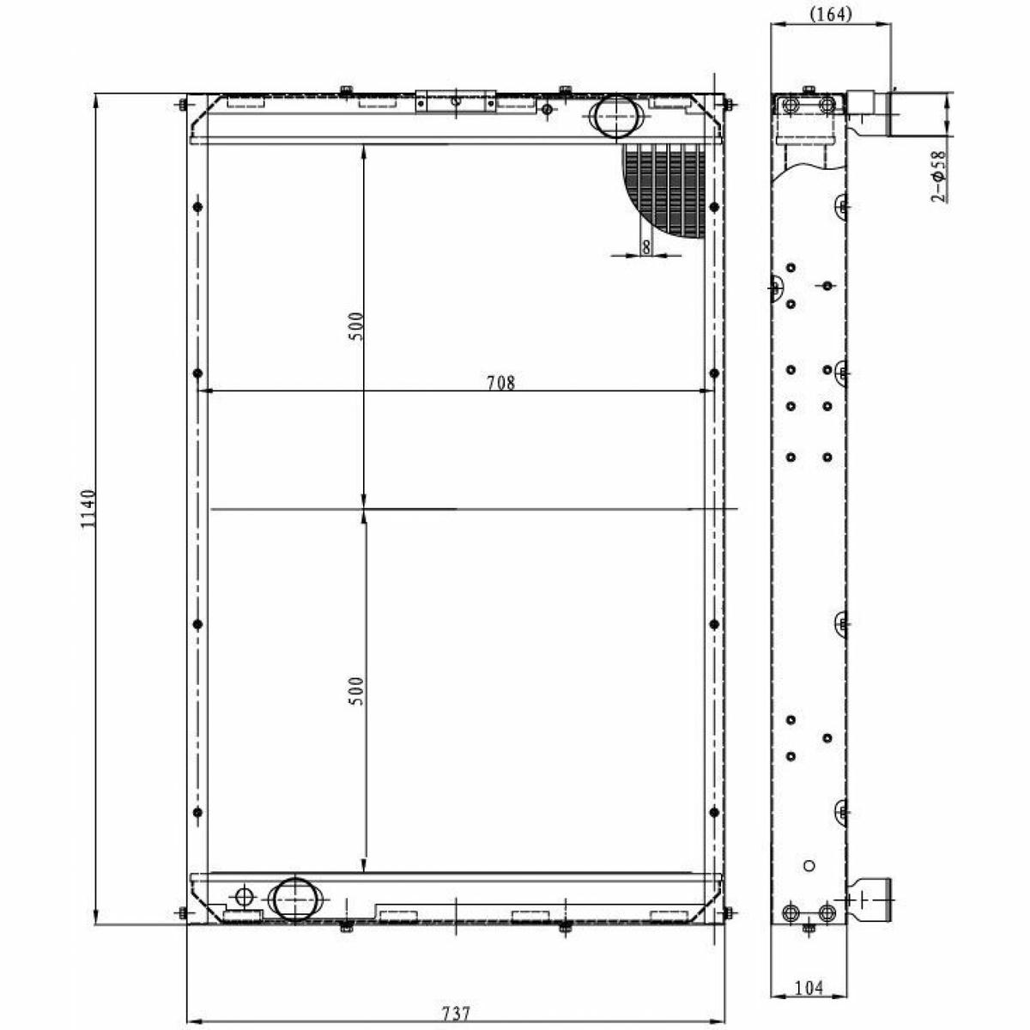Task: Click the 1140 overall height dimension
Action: [x=88, y=508]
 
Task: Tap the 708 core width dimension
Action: [x=500, y=383]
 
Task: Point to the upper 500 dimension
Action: [x=356, y=326]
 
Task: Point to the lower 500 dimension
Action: [x=356, y=691]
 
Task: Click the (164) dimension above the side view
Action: [x=831, y=15]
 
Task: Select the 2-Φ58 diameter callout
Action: [x=938, y=177]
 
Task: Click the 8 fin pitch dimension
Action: [x=646, y=247]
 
